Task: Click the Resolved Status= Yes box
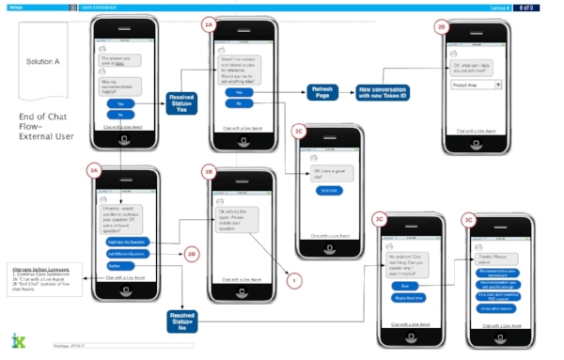point(180,102)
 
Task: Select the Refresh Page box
point(320,91)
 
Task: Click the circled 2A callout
point(210,26)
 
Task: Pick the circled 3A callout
point(93,170)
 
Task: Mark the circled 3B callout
point(211,172)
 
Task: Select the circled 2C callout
point(299,131)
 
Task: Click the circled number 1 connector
point(294,280)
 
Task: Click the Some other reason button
point(495,307)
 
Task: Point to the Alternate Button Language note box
point(39,284)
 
